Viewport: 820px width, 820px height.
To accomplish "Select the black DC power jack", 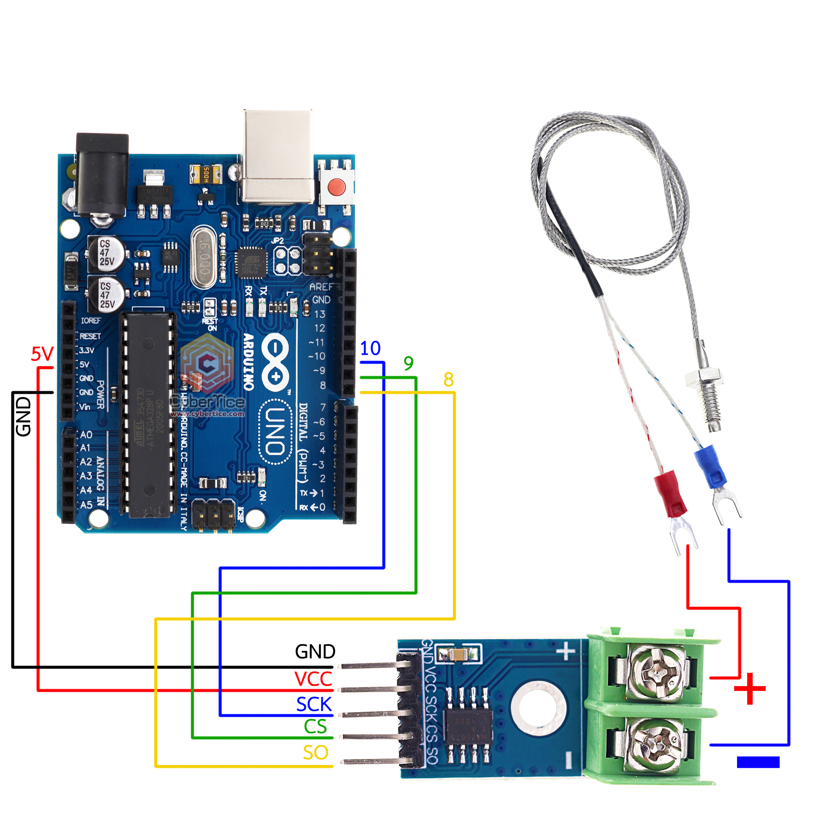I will click(x=102, y=174).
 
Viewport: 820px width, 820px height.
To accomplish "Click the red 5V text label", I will click(x=42, y=354).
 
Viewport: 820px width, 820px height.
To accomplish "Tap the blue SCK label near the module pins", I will click(x=314, y=705).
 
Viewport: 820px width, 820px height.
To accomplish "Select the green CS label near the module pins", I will click(x=315, y=727).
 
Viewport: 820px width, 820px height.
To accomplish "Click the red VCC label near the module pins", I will click(x=313, y=679).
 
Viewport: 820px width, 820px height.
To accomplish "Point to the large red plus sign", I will click(x=749, y=688).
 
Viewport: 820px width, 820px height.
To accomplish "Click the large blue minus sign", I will click(x=758, y=762).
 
